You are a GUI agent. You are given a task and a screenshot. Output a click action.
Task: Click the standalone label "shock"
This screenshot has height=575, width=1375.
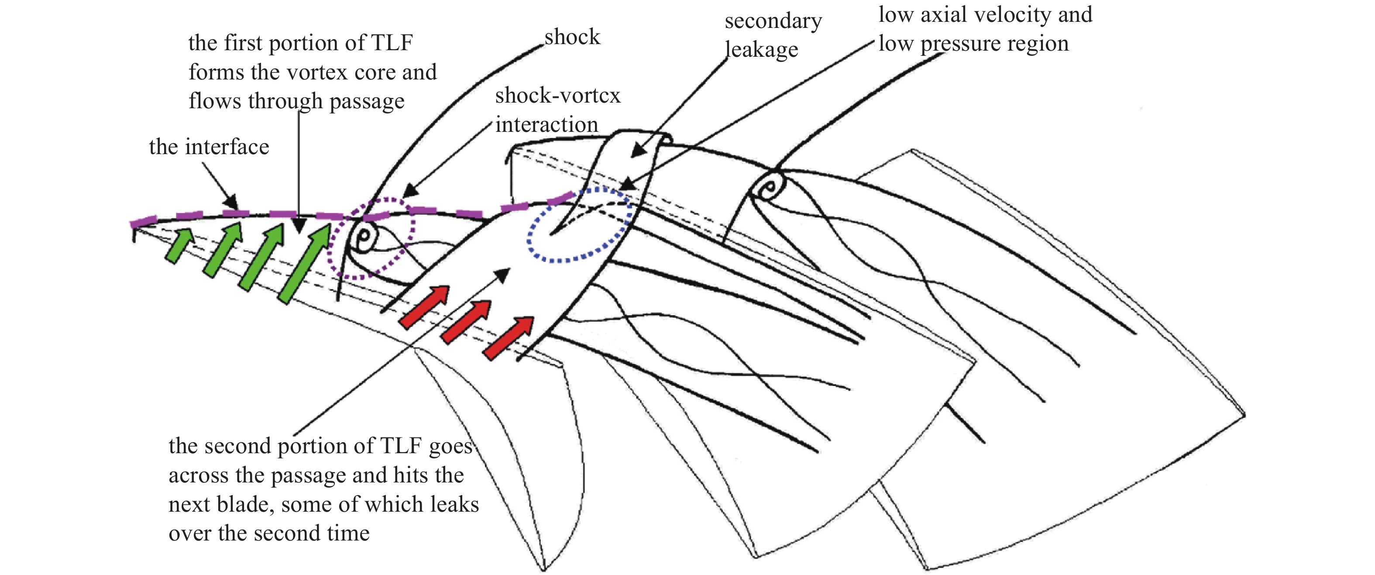click(x=572, y=38)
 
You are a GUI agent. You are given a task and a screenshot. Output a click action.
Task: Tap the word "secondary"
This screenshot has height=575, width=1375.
click(x=773, y=21)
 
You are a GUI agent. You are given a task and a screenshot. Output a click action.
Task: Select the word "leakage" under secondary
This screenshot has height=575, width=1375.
click(x=761, y=50)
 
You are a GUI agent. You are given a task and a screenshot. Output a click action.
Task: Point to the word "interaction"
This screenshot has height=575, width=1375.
click(x=547, y=124)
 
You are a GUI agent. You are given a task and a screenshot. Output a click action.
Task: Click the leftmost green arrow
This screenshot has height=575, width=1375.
click(x=179, y=246)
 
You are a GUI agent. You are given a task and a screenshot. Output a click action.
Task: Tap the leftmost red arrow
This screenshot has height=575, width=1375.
click(x=424, y=307)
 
